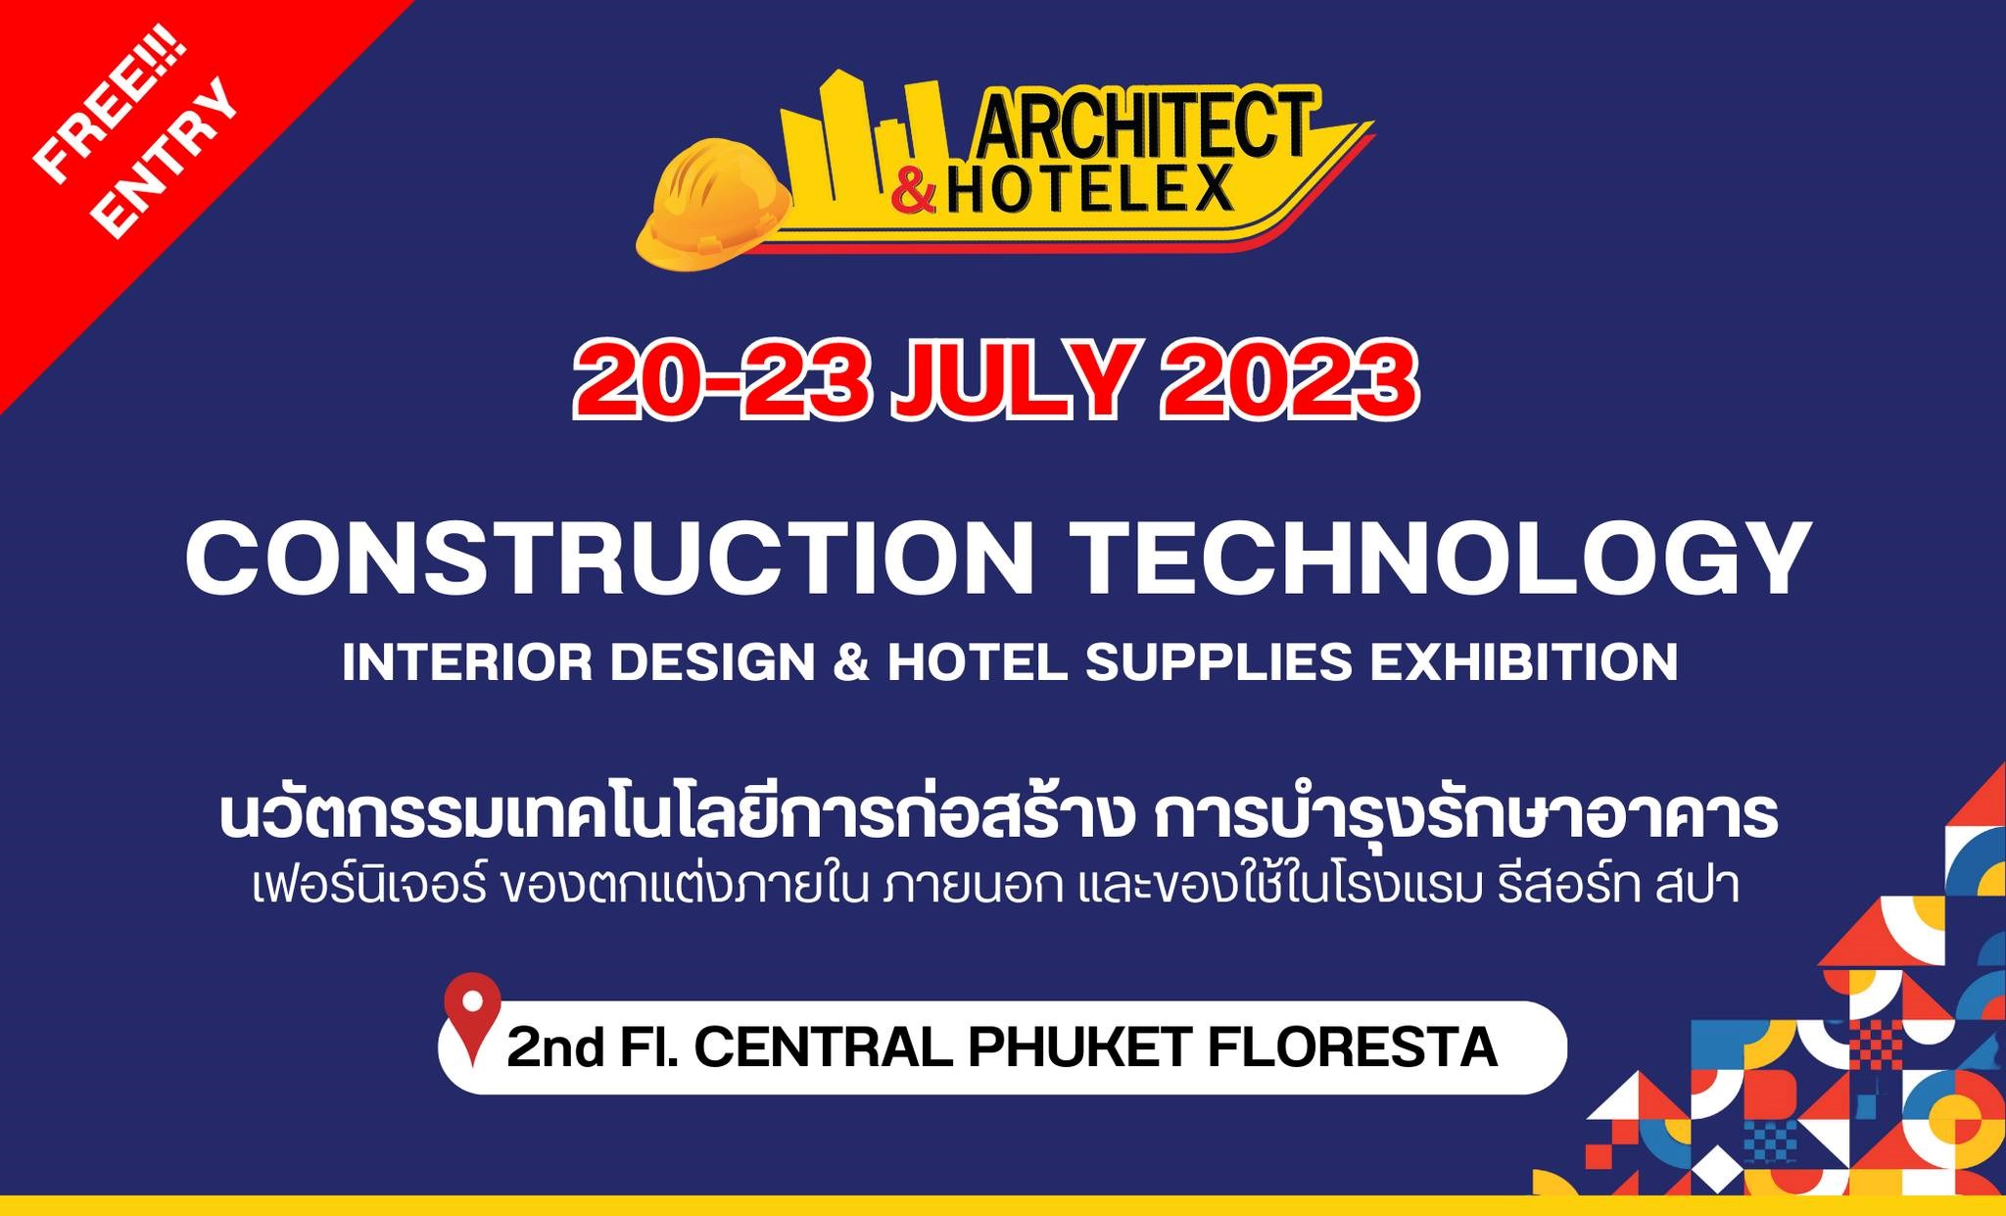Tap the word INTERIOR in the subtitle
[x=468, y=662]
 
